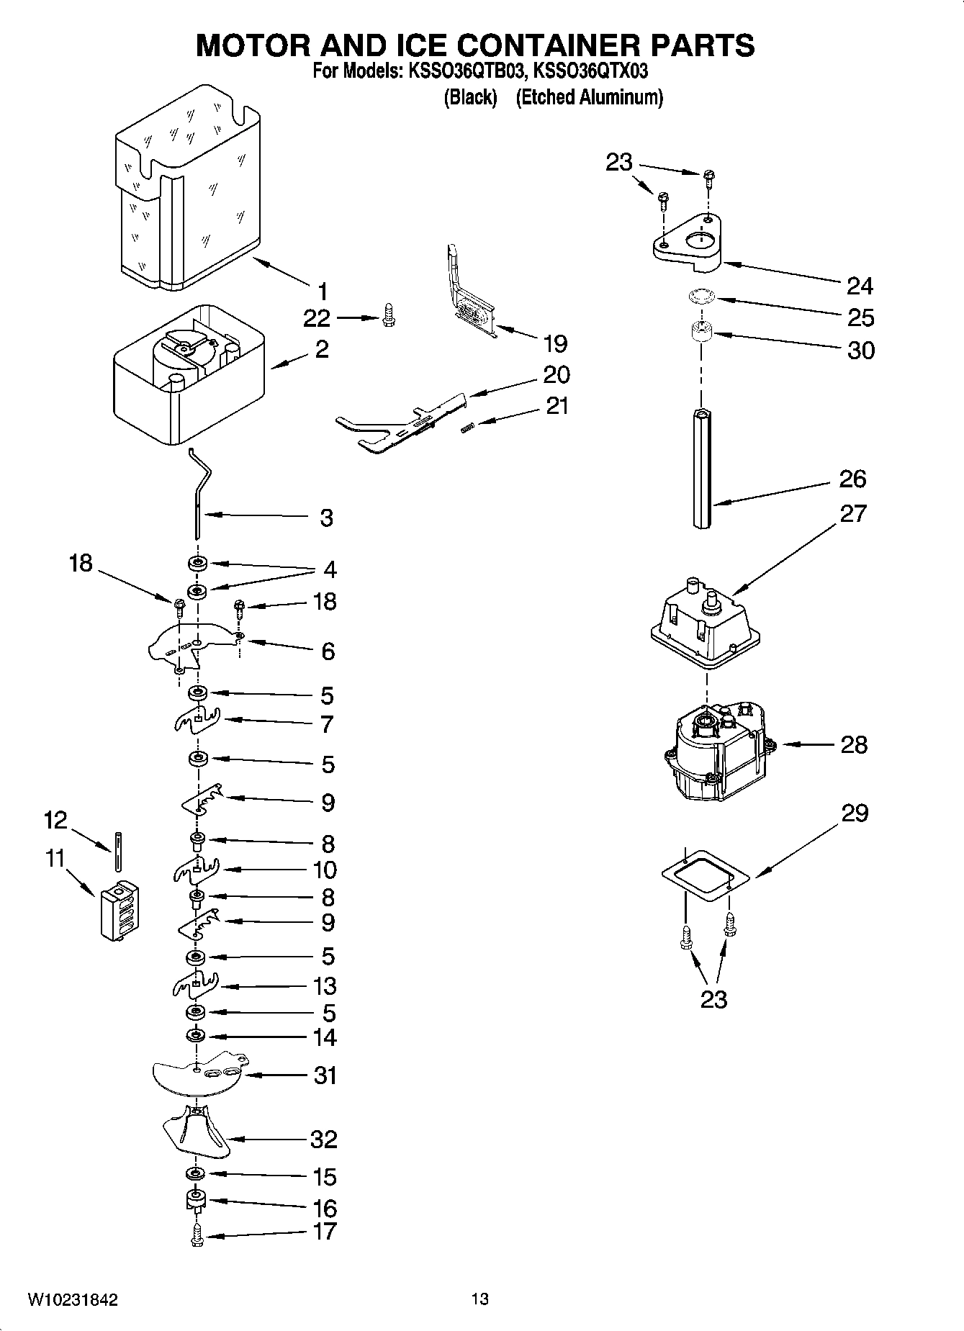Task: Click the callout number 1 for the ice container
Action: coord(322,292)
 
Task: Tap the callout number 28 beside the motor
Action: coord(854,744)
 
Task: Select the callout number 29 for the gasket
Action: coord(854,813)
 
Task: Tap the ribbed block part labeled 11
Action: coord(120,911)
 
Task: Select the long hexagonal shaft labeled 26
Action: coord(703,468)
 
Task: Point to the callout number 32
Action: coord(323,1139)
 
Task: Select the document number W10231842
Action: coord(73,1300)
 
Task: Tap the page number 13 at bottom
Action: coord(480,1299)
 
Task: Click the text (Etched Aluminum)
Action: coord(589,97)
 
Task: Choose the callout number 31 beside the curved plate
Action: coord(325,1075)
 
